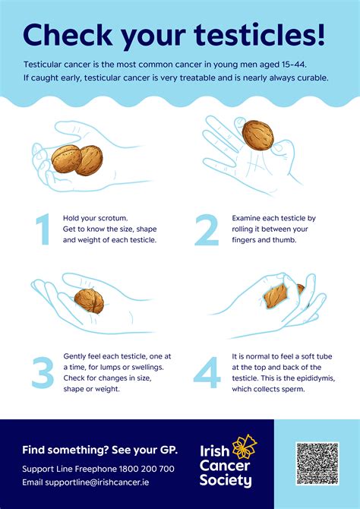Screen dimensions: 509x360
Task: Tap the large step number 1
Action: (x=43, y=229)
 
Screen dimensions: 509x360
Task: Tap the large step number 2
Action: (x=207, y=229)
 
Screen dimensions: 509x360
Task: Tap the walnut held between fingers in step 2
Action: (x=257, y=135)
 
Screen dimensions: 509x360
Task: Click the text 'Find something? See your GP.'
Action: (x=99, y=449)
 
